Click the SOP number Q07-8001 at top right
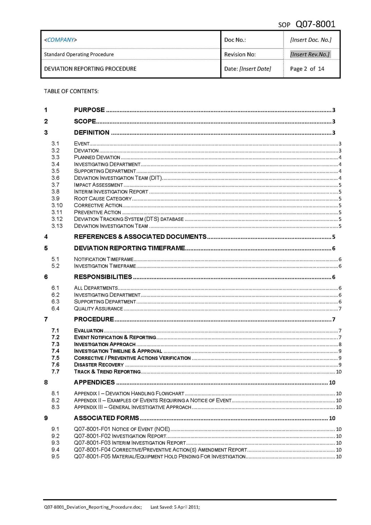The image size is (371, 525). coord(315,24)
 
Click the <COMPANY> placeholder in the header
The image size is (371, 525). coord(60,40)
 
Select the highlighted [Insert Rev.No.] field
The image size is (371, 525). coord(310,54)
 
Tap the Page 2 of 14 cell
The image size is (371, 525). coord(307,69)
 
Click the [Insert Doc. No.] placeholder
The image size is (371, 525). coord(311,40)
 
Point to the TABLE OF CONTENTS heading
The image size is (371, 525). coord(71,91)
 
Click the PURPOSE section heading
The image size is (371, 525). coord(89,110)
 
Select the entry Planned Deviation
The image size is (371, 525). coord(97,157)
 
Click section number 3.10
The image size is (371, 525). coord(57,205)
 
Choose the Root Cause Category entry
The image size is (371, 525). coord(102,199)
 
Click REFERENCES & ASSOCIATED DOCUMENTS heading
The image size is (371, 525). coord(140,237)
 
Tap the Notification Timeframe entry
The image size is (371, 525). coord(104,259)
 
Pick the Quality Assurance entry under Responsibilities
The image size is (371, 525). coord(98,309)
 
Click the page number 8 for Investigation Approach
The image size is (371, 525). coord(340,344)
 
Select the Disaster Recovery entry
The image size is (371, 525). coord(99,365)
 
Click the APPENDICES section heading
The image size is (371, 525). coord(94,382)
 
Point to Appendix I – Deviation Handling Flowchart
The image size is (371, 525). coord(129,393)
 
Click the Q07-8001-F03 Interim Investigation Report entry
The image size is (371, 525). coord(130,443)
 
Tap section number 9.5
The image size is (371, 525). coord(55,457)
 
